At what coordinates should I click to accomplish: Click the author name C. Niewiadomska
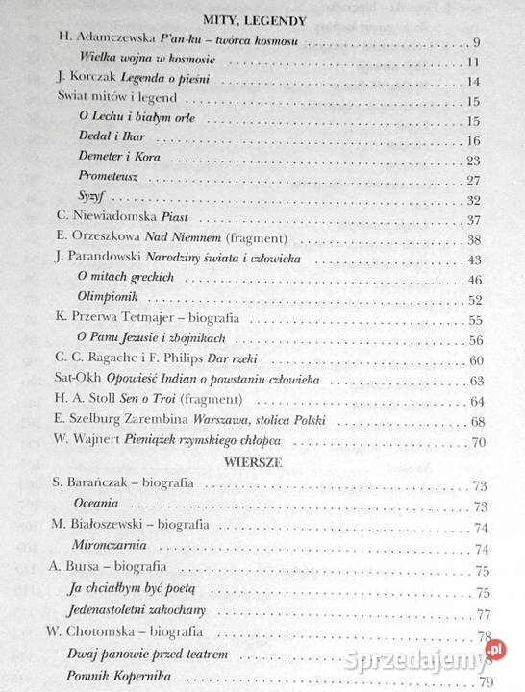[x=104, y=220]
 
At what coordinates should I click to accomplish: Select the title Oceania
[x=98, y=506]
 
